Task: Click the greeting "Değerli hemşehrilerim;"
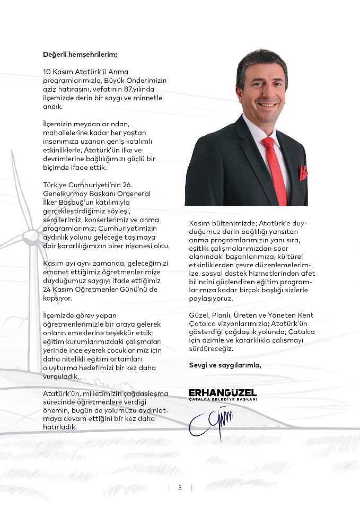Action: coord(80,54)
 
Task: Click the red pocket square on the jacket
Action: coord(303,173)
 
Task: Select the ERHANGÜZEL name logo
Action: coord(223,392)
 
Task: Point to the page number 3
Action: coord(180,488)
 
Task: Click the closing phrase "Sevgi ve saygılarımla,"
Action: coord(225,365)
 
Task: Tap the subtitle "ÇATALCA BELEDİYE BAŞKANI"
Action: coord(223,399)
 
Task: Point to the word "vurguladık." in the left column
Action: coord(62,376)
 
